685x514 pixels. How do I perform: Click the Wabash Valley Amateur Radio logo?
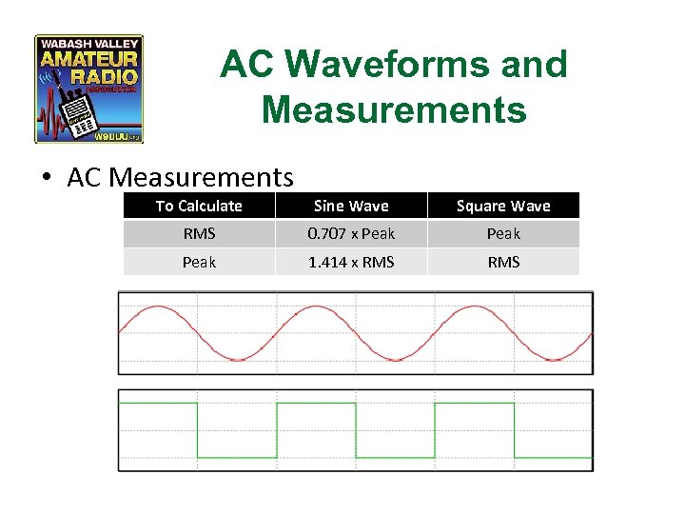88,89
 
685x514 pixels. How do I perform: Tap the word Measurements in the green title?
393,109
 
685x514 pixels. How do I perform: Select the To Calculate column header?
199,206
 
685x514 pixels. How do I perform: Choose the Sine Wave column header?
351,206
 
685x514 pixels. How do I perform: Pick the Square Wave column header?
503,206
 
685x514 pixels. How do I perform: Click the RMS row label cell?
199,234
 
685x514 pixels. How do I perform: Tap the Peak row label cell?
199,262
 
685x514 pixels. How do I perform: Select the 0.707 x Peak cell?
351,234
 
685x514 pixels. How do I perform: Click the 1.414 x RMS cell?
351,262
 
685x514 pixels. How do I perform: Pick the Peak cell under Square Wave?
503,234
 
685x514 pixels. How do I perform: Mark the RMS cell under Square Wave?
503,262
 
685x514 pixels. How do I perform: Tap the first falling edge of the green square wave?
197,430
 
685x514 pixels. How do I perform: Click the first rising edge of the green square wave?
276,430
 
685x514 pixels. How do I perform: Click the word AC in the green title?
247,65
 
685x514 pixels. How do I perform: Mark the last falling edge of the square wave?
514,430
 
